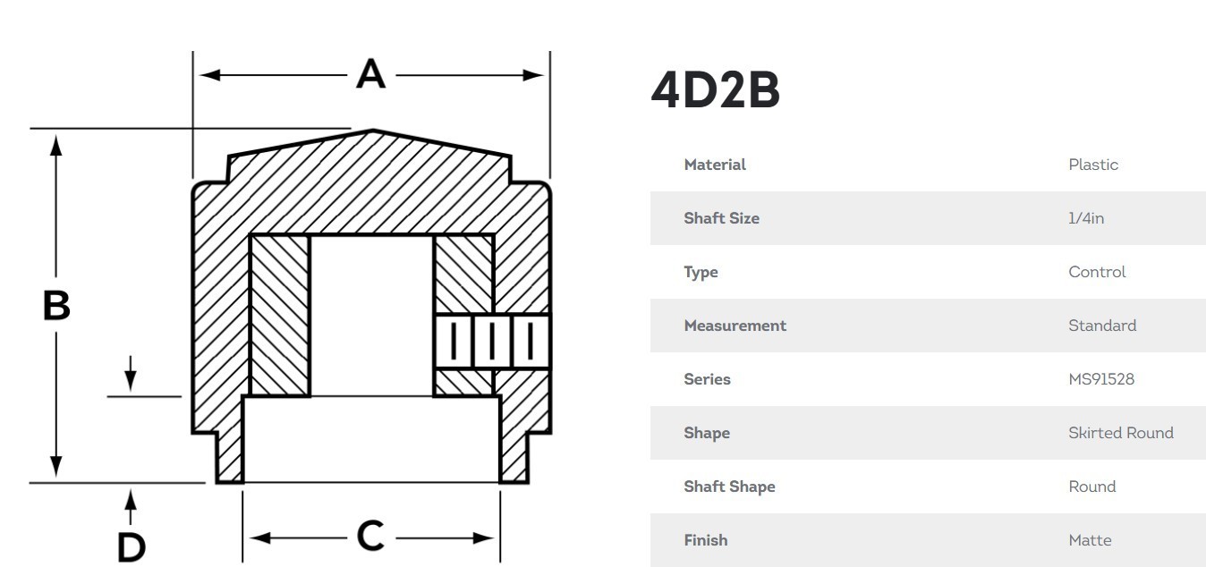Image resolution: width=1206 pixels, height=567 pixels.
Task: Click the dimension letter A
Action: tap(371, 73)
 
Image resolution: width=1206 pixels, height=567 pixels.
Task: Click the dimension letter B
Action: tap(56, 305)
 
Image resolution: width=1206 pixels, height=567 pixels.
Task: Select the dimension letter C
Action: tap(370, 536)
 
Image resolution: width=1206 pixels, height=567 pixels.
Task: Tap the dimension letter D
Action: tap(132, 547)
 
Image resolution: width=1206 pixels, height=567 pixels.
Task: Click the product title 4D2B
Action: tap(716, 89)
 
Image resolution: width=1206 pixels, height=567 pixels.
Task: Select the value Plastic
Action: tap(1093, 165)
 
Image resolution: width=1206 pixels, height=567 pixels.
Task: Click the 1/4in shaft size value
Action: tap(1086, 218)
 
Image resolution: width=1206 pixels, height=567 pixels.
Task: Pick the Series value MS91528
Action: tap(1101, 379)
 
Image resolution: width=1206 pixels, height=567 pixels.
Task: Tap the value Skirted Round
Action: tap(1121, 433)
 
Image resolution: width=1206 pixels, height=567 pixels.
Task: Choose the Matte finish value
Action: tap(1090, 540)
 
